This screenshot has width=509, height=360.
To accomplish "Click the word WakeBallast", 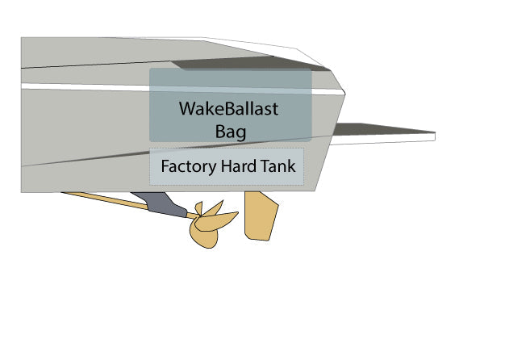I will click(x=228, y=108).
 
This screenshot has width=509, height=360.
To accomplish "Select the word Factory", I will click(x=187, y=168).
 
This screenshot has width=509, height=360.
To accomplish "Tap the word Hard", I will click(x=238, y=168).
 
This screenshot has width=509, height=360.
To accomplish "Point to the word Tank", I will click(x=280, y=168).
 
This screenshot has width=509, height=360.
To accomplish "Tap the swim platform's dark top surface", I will click(x=379, y=129).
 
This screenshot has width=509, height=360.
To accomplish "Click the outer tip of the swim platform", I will click(x=434, y=135).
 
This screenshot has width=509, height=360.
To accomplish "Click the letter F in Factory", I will click(x=165, y=168).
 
